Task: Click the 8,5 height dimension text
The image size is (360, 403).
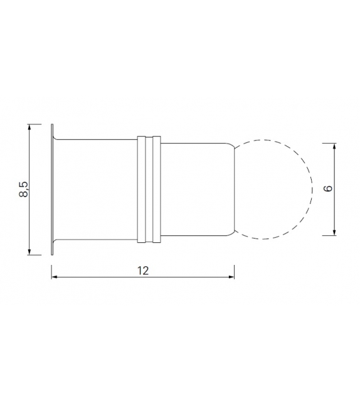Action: click(x=24, y=189)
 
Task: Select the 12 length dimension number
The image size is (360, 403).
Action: click(x=142, y=271)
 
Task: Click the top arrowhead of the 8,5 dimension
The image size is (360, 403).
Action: click(x=29, y=126)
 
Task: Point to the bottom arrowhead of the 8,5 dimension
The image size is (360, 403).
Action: click(x=29, y=252)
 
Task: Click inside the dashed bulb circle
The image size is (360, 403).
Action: click(x=273, y=189)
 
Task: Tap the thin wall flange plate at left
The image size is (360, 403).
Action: click(x=51, y=189)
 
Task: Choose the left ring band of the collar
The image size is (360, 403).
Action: click(x=142, y=189)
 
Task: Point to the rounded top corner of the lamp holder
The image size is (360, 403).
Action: click(x=231, y=146)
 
